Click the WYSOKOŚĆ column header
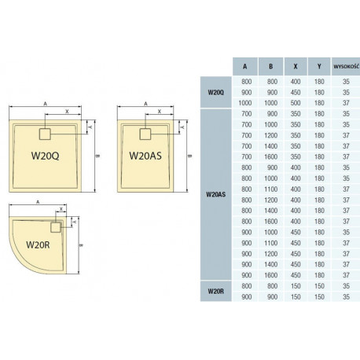346,66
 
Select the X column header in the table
296,67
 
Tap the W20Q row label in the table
215,92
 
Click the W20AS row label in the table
215,194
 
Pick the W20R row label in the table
215,291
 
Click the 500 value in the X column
296,103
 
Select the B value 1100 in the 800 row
270,189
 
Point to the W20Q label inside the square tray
45,156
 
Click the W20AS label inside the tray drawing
145,156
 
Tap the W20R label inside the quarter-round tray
38,244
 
